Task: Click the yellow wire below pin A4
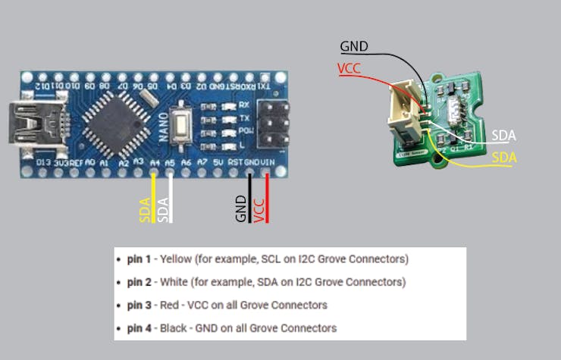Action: click(x=154, y=199)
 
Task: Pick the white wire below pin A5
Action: click(x=171, y=199)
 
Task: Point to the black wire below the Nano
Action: click(x=250, y=199)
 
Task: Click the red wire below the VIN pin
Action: click(x=268, y=199)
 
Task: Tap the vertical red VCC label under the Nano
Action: click(x=259, y=208)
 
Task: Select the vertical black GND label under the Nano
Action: click(x=240, y=208)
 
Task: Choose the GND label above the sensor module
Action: click(x=354, y=47)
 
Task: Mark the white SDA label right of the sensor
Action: click(x=503, y=136)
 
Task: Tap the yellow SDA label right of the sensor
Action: click(x=504, y=158)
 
